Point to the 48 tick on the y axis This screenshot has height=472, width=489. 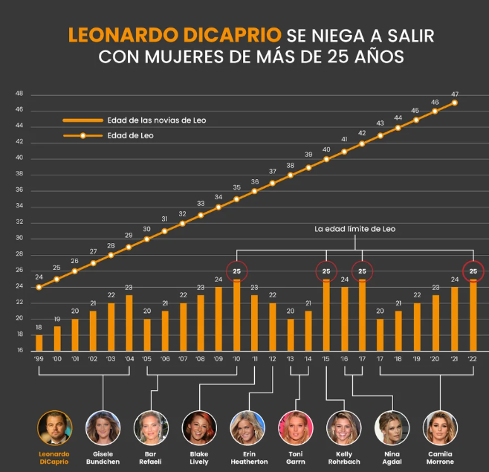coord(19,94)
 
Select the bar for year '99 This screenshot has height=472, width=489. coord(39,342)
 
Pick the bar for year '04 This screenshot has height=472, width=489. coord(129,323)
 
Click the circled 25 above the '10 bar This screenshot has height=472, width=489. coord(237,271)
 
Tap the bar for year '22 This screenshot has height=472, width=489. coord(473,314)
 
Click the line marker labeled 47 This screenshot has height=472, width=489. coord(455,103)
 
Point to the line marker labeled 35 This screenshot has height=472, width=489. coord(237,198)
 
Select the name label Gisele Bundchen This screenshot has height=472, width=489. coord(103,457)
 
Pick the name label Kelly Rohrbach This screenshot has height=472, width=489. coord(344,457)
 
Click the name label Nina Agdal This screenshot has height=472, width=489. coord(392,457)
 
